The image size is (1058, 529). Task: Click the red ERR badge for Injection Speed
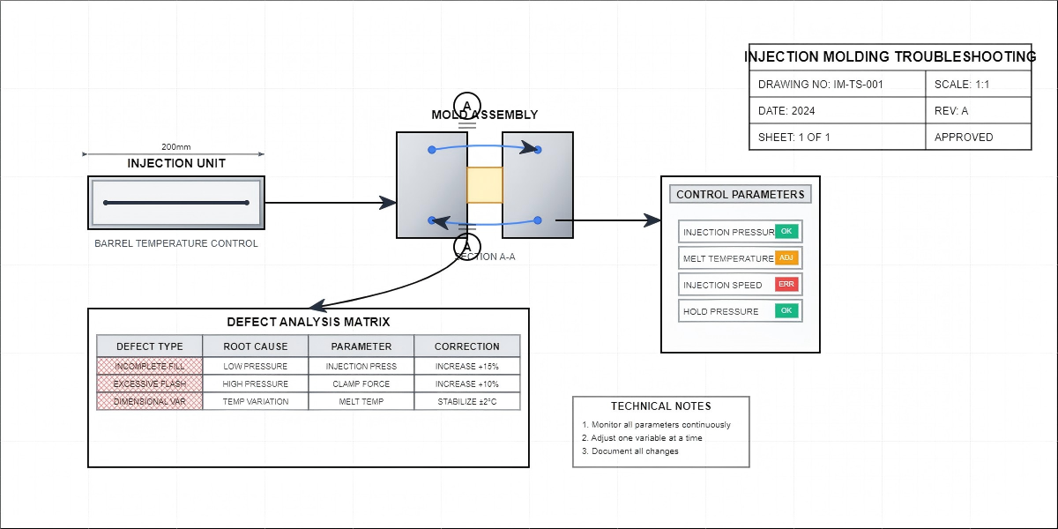point(786,284)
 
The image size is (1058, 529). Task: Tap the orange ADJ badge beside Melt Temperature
point(786,257)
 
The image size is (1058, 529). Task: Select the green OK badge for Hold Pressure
point(786,310)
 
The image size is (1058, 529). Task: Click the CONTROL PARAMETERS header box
point(740,194)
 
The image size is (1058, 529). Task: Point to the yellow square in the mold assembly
point(484,185)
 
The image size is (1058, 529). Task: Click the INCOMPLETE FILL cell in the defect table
point(150,366)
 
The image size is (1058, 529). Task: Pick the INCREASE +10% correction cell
point(467,384)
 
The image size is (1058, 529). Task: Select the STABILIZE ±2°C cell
point(467,401)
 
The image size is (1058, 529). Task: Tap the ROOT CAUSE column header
point(256,346)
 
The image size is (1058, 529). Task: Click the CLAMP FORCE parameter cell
point(361,384)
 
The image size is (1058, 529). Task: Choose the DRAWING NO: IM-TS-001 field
point(838,85)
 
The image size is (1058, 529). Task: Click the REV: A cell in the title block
point(979,111)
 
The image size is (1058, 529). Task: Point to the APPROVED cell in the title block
point(979,138)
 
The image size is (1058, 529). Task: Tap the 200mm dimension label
point(176,146)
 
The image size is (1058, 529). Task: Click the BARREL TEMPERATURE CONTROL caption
point(176,243)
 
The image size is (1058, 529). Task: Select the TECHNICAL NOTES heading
point(660,406)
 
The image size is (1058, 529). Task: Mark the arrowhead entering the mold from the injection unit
point(387,203)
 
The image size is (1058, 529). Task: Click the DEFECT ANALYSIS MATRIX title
point(309,322)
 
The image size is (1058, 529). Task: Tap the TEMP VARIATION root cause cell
point(256,401)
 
